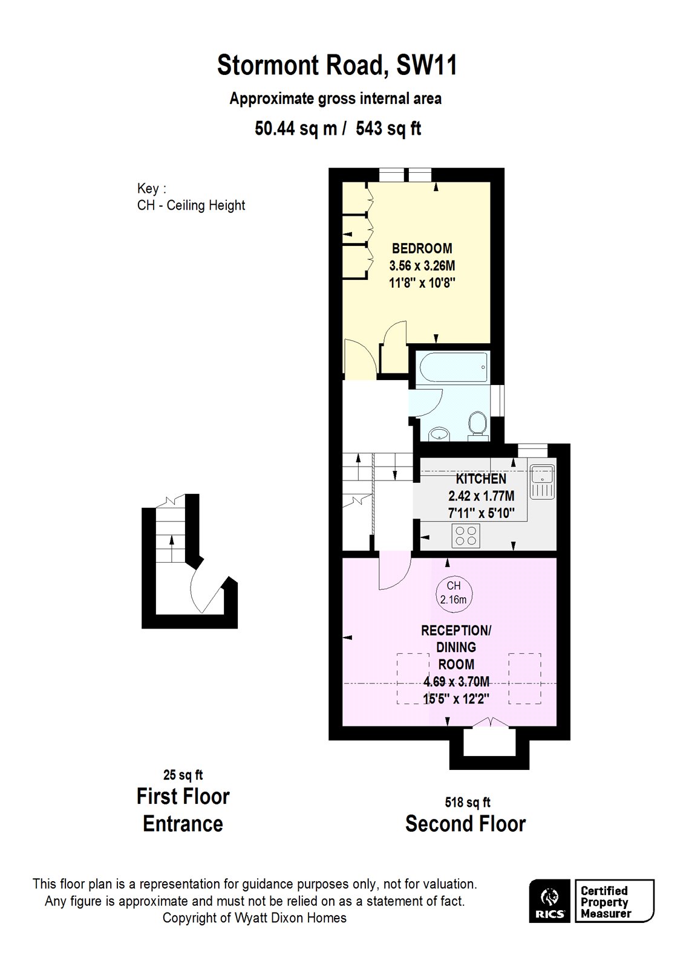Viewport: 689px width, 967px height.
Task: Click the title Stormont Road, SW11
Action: [337, 65]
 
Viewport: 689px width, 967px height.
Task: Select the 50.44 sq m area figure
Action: [296, 129]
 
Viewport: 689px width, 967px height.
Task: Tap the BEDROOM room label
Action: [422, 248]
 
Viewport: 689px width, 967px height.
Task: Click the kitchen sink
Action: [541, 480]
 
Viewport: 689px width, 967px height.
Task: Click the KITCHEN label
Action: [481, 479]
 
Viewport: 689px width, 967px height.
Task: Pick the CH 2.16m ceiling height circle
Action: [454, 593]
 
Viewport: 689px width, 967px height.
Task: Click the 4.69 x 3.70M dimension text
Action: [456, 682]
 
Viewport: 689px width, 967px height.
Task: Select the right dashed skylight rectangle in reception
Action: [524, 679]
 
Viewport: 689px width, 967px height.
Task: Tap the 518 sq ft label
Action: [467, 803]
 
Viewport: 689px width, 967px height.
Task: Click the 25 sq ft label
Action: [183, 775]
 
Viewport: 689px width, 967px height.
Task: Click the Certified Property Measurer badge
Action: [613, 901]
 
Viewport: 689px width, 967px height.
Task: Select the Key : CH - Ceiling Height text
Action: [191, 198]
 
